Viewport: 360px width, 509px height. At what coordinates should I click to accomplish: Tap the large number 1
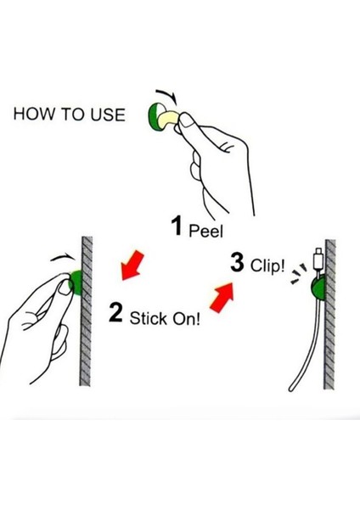(177, 226)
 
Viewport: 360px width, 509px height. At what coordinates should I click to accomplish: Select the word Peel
(206, 231)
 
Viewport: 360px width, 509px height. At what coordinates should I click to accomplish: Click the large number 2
(115, 312)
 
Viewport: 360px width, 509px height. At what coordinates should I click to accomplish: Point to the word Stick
(148, 318)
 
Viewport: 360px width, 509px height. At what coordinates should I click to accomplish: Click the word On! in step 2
(186, 319)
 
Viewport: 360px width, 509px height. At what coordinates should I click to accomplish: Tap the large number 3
(237, 262)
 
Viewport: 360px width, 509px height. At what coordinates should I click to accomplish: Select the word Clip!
(267, 266)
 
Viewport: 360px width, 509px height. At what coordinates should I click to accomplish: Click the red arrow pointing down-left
(132, 266)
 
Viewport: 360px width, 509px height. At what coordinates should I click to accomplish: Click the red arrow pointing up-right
(222, 296)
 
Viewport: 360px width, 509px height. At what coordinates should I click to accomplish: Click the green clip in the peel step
(153, 116)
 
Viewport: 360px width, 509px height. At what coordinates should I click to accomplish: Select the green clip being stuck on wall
(76, 282)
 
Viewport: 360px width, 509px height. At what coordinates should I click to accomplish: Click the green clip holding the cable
(318, 288)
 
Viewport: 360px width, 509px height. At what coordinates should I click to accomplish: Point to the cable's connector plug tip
(318, 253)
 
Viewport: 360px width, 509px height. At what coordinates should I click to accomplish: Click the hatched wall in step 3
(329, 314)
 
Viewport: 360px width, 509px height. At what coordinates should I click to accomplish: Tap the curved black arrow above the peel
(167, 96)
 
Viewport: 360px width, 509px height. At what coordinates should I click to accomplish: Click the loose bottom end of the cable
(290, 389)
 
